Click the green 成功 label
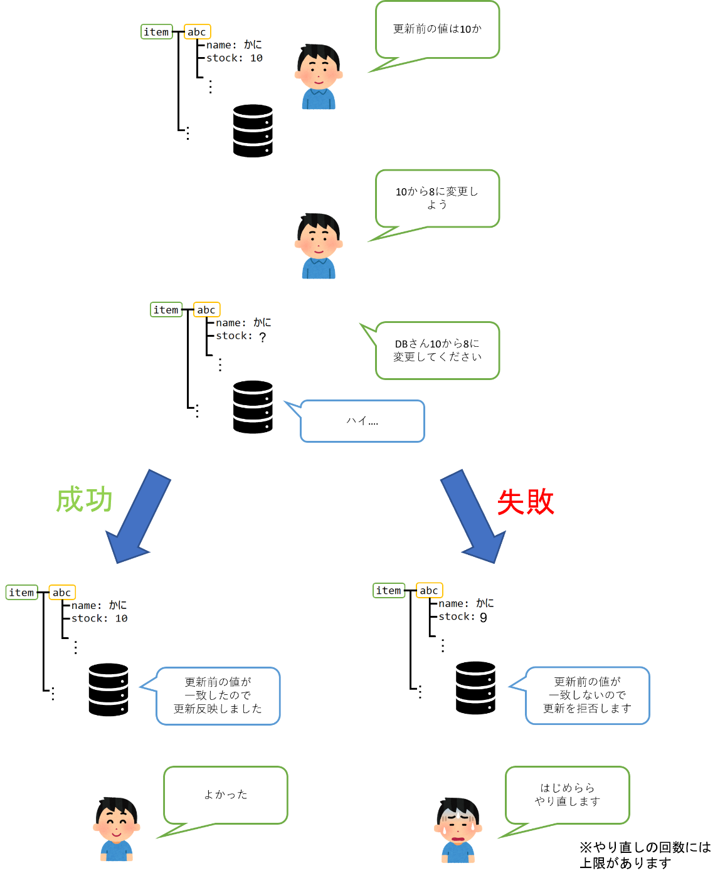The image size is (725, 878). pyautogui.click(x=84, y=500)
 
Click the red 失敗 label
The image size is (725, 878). pyautogui.click(x=526, y=502)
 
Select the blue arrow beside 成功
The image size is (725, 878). pyautogui.click(x=138, y=516)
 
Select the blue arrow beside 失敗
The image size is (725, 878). pyautogui.click(x=474, y=516)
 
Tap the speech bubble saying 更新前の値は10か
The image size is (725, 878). pyautogui.click(x=437, y=29)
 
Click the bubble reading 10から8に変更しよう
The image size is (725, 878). pyautogui.click(x=437, y=198)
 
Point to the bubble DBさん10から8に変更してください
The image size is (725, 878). pyautogui.click(x=437, y=350)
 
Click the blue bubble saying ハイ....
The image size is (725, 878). pyautogui.click(x=362, y=421)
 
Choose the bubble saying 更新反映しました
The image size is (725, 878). pyautogui.click(x=218, y=696)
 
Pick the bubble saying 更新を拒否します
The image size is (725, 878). pyautogui.click(x=587, y=695)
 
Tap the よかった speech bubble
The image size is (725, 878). pyautogui.click(x=226, y=795)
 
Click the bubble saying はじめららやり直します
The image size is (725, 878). pyautogui.click(x=567, y=795)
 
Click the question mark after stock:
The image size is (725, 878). pyautogui.click(x=262, y=337)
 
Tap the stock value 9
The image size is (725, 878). pyautogui.click(x=483, y=618)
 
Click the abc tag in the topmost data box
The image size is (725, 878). pyautogui.click(x=197, y=32)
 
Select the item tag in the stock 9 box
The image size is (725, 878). pyautogui.click(x=388, y=591)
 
